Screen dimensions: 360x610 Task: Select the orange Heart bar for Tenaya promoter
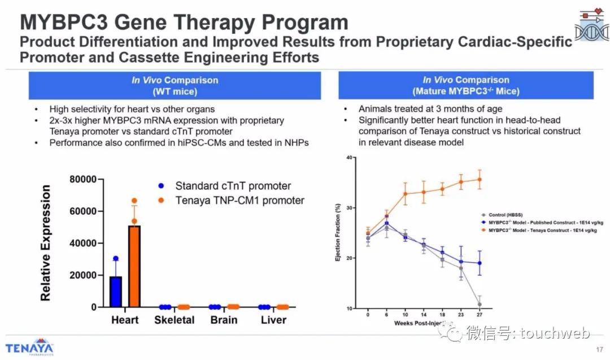(134, 266)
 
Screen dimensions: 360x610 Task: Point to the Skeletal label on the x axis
(174, 320)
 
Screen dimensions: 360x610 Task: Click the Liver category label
(273, 320)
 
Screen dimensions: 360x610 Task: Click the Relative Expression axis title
(46, 243)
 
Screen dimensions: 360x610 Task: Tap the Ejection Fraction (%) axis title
(338, 233)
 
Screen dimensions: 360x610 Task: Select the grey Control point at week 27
(480, 305)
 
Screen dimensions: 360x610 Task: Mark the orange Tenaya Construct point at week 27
(480, 180)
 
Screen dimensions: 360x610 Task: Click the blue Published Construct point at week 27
(480, 263)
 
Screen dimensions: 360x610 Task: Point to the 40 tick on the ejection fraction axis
(351, 158)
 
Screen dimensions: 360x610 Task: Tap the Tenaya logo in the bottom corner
(29, 346)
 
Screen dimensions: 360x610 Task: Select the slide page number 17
(599, 348)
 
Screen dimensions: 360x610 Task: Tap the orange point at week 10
(405, 194)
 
